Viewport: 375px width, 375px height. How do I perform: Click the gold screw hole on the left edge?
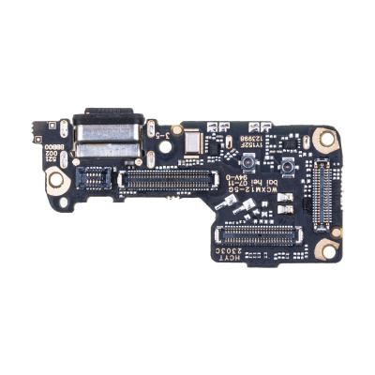pos(57,178)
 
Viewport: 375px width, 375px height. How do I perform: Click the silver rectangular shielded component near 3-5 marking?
pos(194,143)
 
